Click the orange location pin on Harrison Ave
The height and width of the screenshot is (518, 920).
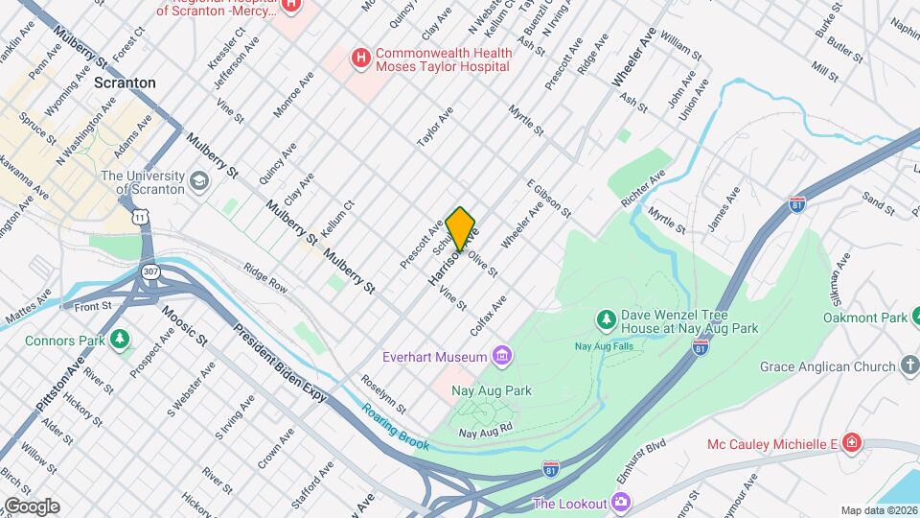coord(461,228)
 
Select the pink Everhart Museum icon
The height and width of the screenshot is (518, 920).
coord(501,357)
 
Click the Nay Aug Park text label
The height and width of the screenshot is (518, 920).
coord(493,390)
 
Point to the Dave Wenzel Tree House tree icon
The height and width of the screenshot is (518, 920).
coord(605,318)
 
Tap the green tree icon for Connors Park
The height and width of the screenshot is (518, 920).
coord(119,340)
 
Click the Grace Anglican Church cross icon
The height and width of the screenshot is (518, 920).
coord(909,365)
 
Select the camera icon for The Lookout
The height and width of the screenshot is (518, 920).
coord(622,503)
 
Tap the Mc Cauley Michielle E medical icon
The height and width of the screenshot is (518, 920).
coord(852,442)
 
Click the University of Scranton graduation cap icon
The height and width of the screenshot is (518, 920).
coord(198,180)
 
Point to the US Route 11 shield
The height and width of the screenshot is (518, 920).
coord(142,218)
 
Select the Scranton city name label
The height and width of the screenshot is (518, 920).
coord(125,82)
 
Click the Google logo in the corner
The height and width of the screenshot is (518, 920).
coord(31,506)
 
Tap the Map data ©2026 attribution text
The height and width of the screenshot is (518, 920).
coord(878,510)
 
